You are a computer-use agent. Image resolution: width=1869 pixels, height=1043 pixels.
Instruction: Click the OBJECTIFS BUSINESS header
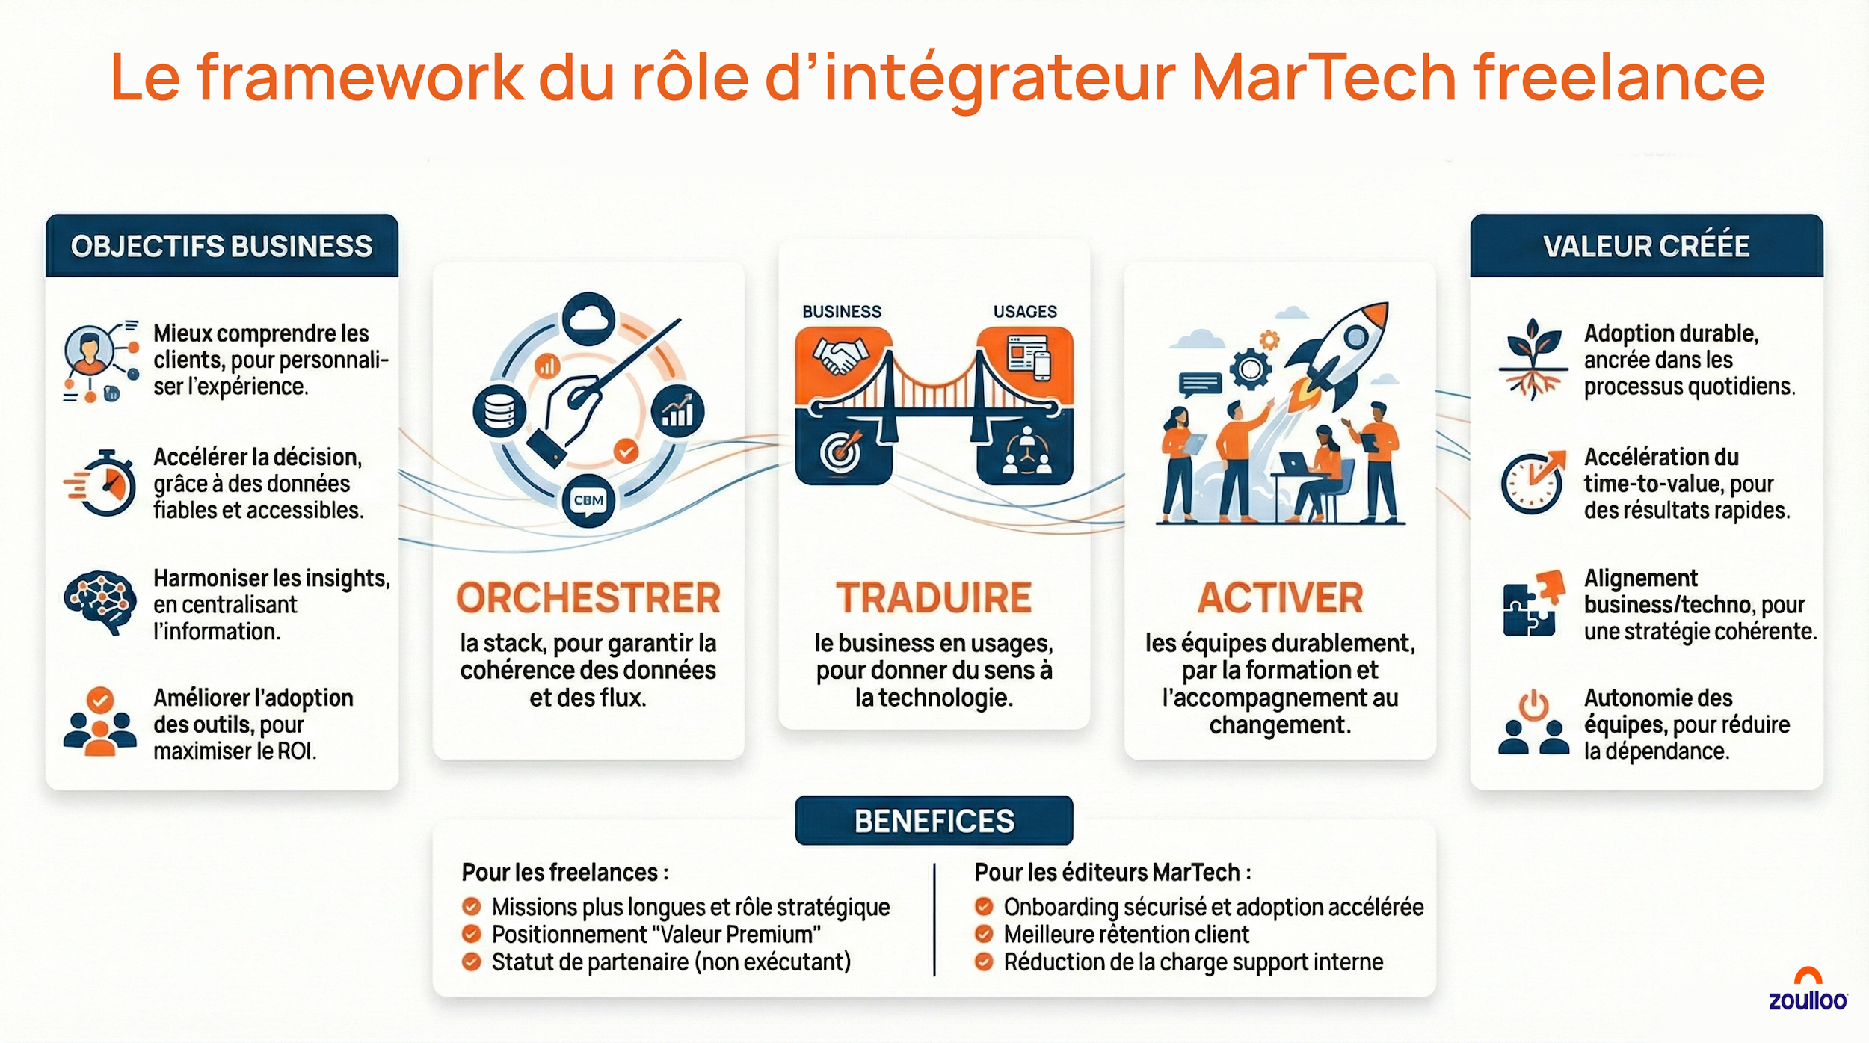[221, 246]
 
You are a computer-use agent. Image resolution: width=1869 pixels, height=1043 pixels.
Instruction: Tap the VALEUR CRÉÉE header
[1646, 246]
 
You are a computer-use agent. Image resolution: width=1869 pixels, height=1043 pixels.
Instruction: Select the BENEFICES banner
[934, 821]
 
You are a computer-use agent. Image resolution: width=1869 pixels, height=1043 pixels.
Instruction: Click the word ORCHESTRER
[588, 597]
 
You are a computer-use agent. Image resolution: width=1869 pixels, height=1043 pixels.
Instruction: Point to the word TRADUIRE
[934, 597]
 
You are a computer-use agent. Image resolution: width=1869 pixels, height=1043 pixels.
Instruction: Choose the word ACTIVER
[1280, 597]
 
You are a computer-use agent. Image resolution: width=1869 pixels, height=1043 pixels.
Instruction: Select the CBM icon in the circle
[588, 500]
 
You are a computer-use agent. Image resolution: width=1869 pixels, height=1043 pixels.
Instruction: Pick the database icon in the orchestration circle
[499, 410]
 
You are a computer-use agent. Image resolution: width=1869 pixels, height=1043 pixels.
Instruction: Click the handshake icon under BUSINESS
[842, 356]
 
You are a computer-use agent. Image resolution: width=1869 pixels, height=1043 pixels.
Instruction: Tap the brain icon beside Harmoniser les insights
[100, 601]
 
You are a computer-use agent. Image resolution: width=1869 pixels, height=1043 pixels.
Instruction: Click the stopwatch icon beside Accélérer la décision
[105, 484]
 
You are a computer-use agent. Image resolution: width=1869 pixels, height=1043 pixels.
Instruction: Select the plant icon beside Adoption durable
[1533, 359]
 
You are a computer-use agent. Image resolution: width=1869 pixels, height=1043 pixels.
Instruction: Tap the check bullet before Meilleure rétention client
[984, 934]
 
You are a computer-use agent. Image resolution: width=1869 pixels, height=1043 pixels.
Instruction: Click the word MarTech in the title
[1323, 78]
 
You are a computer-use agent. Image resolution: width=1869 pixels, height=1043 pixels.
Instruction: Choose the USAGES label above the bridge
[1025, 311]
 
